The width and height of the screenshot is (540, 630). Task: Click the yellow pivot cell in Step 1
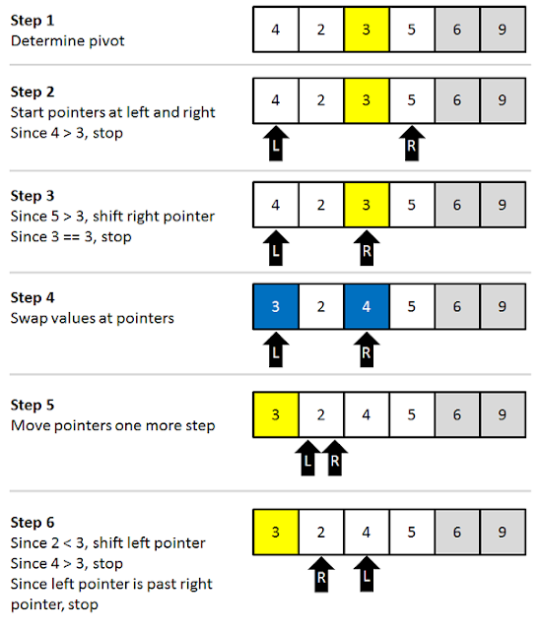(x=367, y=30)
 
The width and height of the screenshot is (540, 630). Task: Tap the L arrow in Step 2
(x=275, y=144)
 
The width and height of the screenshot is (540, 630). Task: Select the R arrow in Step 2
(x=412, y=144)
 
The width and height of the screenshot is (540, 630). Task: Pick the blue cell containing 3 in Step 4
(x=275, y=306)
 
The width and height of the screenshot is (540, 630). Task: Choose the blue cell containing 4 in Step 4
(x=367, y=306)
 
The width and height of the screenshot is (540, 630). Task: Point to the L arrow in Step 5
(x=306, y=458)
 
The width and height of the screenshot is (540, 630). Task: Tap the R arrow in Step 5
(x=335, y=458)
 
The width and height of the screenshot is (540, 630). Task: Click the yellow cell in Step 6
(x=275, y=533)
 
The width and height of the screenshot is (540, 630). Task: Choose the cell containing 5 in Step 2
(x=412, y=99)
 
